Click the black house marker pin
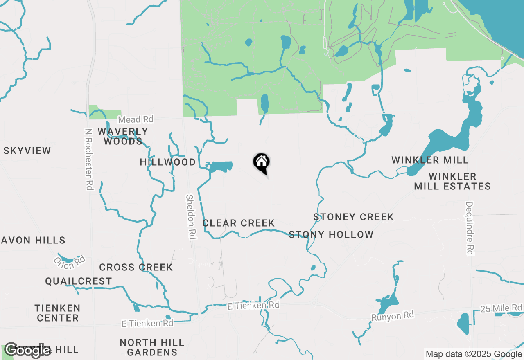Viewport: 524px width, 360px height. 262,162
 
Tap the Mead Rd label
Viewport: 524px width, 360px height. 136,119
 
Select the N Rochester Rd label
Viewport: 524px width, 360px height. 88,160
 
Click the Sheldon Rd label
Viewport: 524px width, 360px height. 191,216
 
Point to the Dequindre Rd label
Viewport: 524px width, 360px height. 470,228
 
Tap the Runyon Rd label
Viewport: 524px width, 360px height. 393,315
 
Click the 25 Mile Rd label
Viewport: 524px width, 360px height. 502,308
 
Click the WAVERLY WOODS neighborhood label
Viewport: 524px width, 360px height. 123,136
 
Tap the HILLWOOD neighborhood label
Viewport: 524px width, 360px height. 168,162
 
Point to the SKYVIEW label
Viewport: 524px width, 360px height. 27,151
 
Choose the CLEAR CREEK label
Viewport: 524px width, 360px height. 238,223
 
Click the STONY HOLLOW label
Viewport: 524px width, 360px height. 331,234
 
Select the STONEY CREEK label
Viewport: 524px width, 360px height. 353,217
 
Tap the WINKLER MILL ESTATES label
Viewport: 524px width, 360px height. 452,181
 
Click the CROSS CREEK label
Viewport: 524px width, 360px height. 136,267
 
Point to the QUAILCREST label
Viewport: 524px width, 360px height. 79,281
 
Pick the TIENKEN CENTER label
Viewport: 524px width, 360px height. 57,313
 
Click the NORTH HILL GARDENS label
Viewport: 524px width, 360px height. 152,347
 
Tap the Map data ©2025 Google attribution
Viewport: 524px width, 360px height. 473,354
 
